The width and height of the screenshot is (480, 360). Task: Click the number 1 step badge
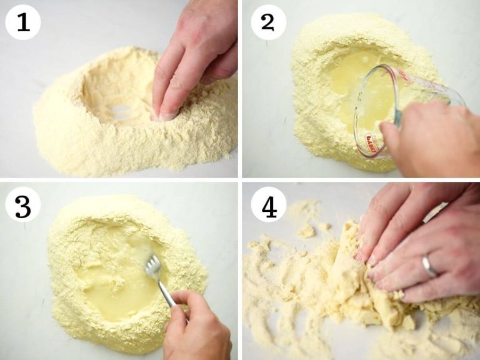click(x=23, y=22)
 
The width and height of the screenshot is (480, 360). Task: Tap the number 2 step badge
click(x=268, y=22)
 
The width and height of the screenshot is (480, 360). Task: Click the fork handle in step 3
click(x=167, y=294)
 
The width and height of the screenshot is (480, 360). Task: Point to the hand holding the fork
click(x=197, y=325)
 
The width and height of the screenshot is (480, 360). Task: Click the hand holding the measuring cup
click(x=431, y=141)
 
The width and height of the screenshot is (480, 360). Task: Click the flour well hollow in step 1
click(x=119, y=94)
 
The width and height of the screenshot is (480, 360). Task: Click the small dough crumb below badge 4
click(x=306, y=231)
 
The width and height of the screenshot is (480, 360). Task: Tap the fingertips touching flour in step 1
click(x=164, y=112)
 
